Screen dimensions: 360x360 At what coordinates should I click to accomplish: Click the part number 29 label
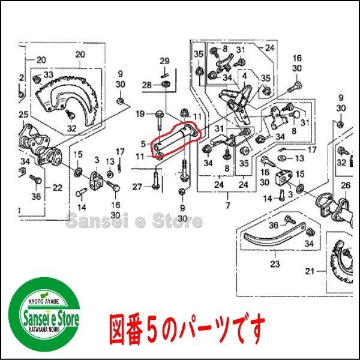164,61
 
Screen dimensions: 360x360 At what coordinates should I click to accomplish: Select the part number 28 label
147,85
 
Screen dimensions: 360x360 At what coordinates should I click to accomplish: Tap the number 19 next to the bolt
140,113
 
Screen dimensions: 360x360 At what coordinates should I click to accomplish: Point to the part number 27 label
137,187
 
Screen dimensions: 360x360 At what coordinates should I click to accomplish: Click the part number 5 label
143,144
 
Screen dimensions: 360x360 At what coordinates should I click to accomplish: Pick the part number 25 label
23,115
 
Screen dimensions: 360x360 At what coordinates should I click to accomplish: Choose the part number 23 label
275,264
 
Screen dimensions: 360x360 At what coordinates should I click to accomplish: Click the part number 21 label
310,271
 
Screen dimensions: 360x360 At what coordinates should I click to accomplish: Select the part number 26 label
346,185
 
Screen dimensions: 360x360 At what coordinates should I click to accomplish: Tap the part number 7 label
227,205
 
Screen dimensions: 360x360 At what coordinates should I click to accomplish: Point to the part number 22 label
58,188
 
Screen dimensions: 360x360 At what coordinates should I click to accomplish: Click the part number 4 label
244,76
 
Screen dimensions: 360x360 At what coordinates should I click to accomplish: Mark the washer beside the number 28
165,84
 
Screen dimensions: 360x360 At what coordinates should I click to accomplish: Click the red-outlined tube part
176,140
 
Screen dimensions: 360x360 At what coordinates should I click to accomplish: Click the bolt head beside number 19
158,113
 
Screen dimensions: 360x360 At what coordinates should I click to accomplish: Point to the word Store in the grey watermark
178,221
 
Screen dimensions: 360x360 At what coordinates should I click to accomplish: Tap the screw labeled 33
37,80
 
